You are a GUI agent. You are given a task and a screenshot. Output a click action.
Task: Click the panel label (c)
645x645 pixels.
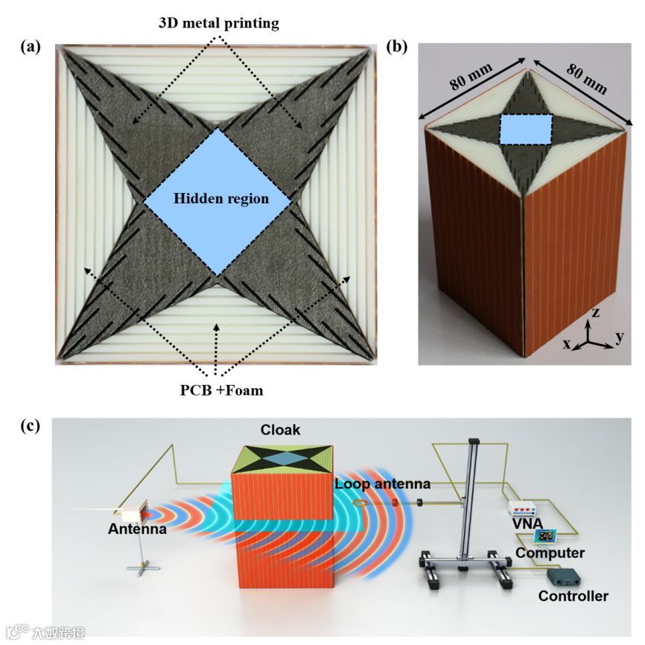[x=31, y=427]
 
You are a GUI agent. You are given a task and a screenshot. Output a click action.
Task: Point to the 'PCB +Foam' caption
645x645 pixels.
[x=215, y=390]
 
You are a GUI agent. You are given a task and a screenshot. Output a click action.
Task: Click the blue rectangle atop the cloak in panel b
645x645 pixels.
[x=525, y=128]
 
